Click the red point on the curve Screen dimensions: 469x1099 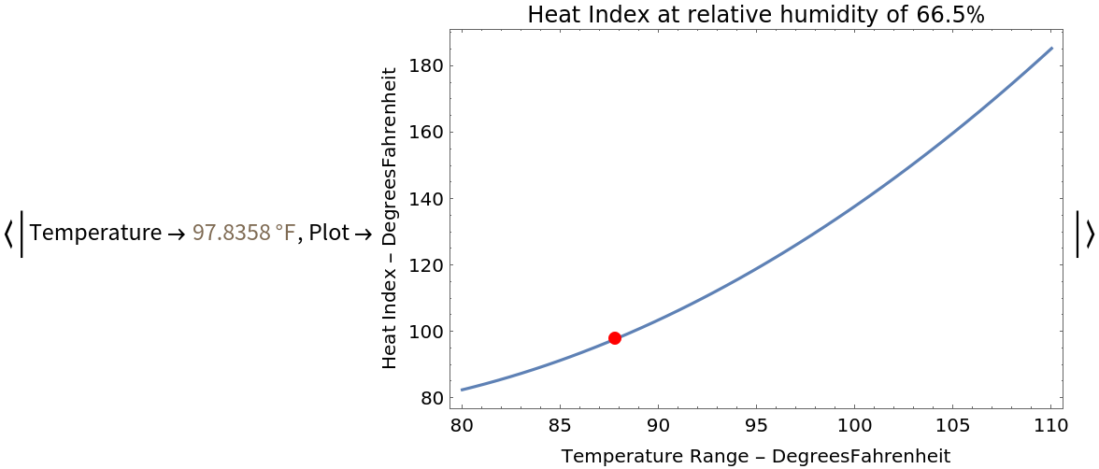pos(615,338)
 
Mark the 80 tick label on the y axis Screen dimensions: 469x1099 pos(430,398)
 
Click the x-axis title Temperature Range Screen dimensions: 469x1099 pos(755,456)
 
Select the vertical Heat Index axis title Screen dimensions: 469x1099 pos(391,217)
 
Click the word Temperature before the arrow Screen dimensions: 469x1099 pos(95,234)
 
